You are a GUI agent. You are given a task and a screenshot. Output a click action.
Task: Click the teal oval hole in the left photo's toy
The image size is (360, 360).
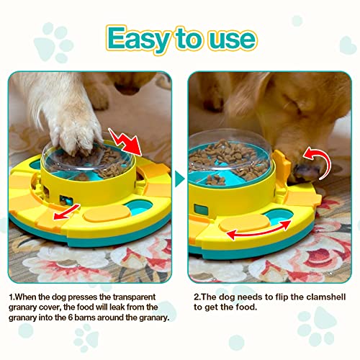click(x=139, y=214)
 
